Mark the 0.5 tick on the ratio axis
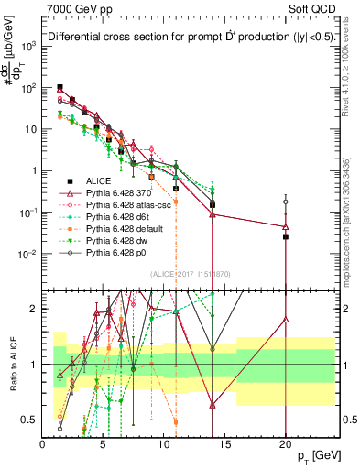[33, 420]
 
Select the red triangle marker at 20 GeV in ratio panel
[286, 320]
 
